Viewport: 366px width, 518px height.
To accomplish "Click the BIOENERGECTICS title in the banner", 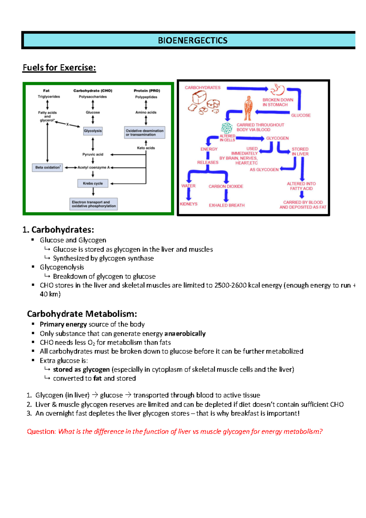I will pos(192,40).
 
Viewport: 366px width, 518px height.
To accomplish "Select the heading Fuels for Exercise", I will pos(59,67).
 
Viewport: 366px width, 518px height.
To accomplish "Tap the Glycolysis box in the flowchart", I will pos(93,131).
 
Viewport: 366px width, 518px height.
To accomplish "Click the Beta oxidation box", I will pos(47,167).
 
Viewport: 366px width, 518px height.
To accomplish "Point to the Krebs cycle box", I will pos(93,183).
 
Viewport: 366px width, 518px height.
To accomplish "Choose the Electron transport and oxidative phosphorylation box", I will pos(94,204).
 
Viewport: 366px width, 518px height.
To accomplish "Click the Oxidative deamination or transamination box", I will pos(145,132).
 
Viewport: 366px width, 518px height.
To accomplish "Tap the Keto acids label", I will pos(146,148).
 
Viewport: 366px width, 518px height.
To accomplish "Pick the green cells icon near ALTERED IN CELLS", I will pos(227,128).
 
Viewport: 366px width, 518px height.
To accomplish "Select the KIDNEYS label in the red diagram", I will pos(188,204).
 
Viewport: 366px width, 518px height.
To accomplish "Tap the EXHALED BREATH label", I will pos(227,205).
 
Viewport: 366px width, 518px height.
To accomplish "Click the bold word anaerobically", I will pos(185,333).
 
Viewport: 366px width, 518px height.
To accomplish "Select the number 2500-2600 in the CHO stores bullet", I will pos(230,285).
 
